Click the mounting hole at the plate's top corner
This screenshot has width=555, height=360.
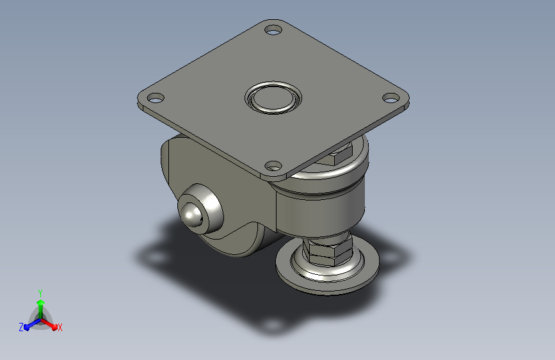pyautogui.click(x=273, y=29)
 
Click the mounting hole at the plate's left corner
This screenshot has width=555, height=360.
pyautogui.click(x=156, y=98)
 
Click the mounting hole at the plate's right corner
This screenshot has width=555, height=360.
pyautogui.click(x=391, y=98)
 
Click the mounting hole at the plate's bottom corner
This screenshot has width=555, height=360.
pyautogui.click(x=273, y=165)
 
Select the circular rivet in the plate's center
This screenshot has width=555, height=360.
pyautogui.click(x=273, y=97)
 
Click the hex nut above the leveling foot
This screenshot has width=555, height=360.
pyautogui.click(x=328, y=251)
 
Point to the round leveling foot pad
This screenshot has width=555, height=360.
pyautogui.click(x=327, y=269)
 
